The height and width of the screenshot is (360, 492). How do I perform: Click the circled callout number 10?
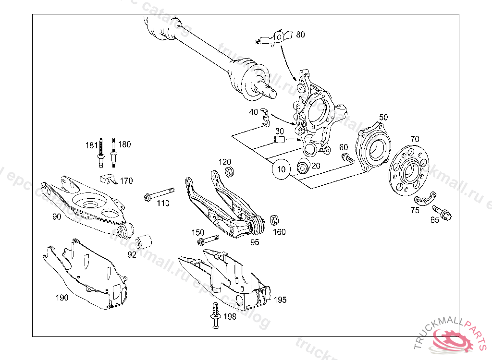[282, 169]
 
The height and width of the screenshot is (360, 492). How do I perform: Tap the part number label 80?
[300, 35]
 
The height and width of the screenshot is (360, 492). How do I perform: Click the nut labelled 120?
[229, 171]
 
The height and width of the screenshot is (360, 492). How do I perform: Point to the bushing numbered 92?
[144, 241]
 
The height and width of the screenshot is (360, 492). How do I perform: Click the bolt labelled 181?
[101, 153]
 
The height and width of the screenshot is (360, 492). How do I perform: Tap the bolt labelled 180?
[113, 153]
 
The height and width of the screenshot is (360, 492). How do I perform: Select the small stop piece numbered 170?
[109, 180]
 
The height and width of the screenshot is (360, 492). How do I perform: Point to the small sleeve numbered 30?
[279, 140]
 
